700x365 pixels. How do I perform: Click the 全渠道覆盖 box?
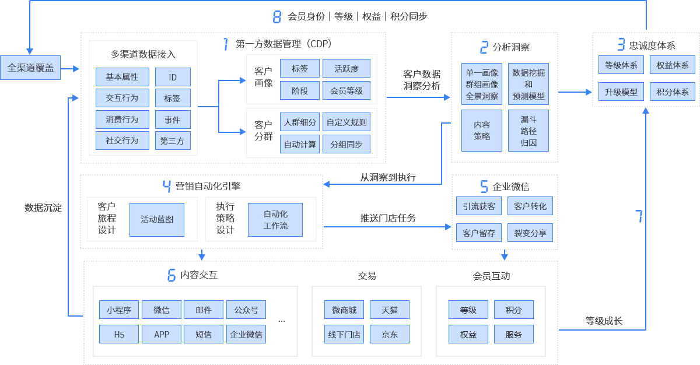pyautogui.click(x=30, y=68)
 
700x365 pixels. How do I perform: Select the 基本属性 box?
pyautogui.click(x=122, y=77)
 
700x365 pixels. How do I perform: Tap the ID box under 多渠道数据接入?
pyautogui.click(x=173, y=77)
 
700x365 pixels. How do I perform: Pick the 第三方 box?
pyautogui.click(x=173, y=141)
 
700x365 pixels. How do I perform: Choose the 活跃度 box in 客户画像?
pyautogui.click(x=346, y=69)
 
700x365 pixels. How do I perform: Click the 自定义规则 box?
pyautogui.click(x=346, y=122)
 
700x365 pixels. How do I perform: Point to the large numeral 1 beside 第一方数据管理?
pyautogui.click(x=226, y=44)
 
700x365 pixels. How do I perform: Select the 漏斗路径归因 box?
pyautogui.click(x=528, y=131)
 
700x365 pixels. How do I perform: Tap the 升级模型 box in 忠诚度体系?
pyautogui.click(x=621, y=92)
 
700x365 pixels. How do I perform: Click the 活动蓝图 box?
pyautogui.click(x=156, y=219)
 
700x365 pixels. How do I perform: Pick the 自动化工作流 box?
pyautogui.click(x=275, y=219)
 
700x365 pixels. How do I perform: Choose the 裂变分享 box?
pyautogui.click(x=530, y=233)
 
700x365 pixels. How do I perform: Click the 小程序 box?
pyautogui.click(x=119, y=310)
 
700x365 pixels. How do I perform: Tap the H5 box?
pyautogui.click(x=119, y=334)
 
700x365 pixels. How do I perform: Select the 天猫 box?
pyautogui.click(x=389, y=310)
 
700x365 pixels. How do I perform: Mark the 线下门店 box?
pyautogui.click(x=344, y=334)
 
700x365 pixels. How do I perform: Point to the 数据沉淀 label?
pyautogui.click(x=43, y=208)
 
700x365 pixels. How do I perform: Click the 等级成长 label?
pyautogui.click(x=604, y=321)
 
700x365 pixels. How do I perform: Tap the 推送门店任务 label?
pyautogui.click(x=388, y=219)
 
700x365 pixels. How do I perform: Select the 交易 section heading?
pyautogui.click(x=367, y=276)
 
